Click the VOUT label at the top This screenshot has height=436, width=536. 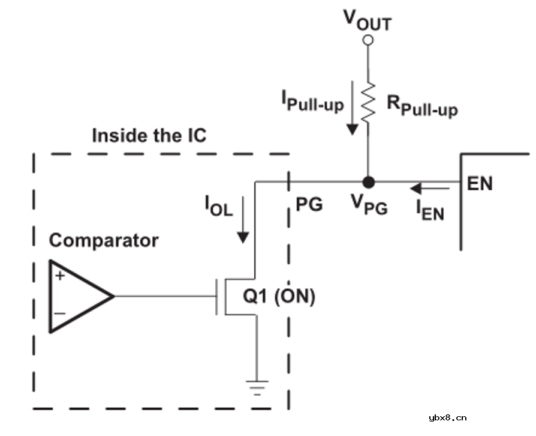368,21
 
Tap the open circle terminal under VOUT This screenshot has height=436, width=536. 368,40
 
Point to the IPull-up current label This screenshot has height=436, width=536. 312,101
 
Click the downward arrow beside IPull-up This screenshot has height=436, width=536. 353,108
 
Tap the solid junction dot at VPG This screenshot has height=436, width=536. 368,181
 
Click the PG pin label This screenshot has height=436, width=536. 309,205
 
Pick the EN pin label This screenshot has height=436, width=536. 480,184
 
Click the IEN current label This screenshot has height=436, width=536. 431,210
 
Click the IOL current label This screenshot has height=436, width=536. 218,208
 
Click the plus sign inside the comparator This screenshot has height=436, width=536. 60,276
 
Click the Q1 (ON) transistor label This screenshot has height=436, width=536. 278,296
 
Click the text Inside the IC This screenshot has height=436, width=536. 149,136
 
